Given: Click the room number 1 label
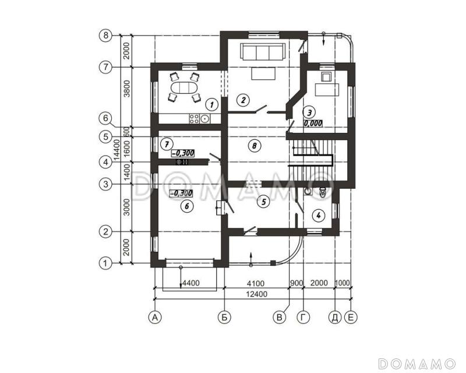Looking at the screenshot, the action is pyautogui.click(x=211, y=104).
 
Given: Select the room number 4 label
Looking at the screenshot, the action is pyautogui.click(x=318, y=215).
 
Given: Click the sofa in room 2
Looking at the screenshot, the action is pyautogui.click(x=263, y=52).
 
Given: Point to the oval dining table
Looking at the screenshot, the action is pyautogui.click(x=184, y=89).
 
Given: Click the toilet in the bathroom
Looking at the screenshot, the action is pyautogui.click(x=322, y=193).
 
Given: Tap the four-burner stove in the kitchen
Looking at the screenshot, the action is pyautogui.click(x=194, y=119).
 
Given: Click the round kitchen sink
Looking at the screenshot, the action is pyautogui.click(x=205, y=119).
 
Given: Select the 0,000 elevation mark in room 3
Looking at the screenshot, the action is pyautogui.click(x=313, y=123).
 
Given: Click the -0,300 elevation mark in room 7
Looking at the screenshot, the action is pyautogui.click(x=183, y=153).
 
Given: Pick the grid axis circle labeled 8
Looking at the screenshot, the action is pyautogui.click(x=105, y=36).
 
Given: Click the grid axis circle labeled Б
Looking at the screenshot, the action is pyautogui.click(x=224, y=318).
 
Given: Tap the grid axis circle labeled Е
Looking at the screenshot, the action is pyautogui.click(x=351, y=318).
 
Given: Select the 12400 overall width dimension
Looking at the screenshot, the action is pyautogui.click(x=257, y=294).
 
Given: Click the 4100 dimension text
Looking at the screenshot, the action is pyautogui.click(x=256, y=283).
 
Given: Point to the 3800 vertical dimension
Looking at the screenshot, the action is pyautogui.click(x=127, y=89).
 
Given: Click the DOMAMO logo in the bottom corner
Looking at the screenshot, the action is pyautogui.click(x=417, y=363).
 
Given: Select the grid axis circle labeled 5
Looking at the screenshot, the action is pyautogui.click(x=105, y=137).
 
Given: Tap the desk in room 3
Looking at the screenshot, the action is pyautogui.click(x=327, y=90).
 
